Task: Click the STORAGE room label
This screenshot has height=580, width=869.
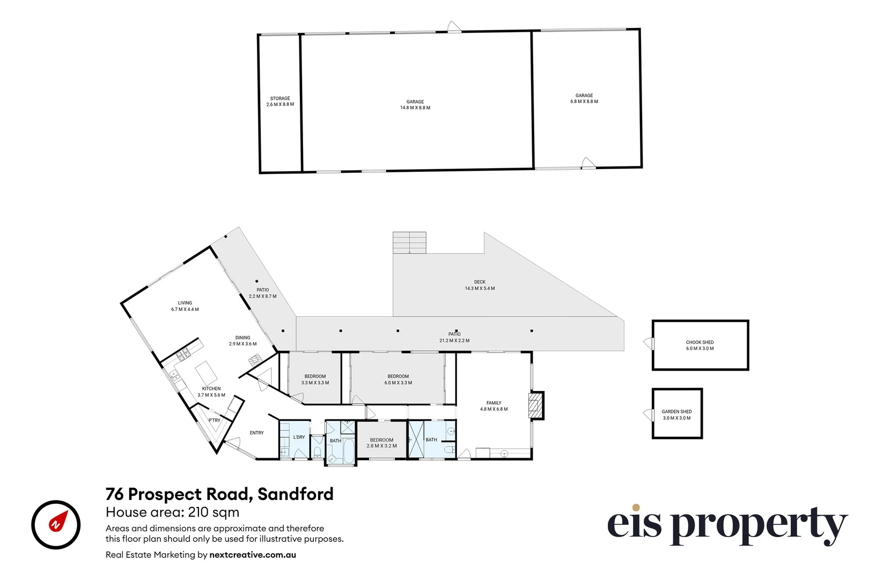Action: (x=280, y=99)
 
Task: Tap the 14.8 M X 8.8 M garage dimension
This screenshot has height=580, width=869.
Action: (x=415, y=108)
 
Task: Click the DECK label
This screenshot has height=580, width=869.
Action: (x=480, y=282)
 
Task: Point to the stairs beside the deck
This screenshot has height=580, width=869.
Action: (x=409, y=243)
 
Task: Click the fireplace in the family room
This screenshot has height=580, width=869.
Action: (x=535, y=405)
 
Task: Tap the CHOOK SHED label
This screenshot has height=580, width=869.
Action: (x=699, y=342)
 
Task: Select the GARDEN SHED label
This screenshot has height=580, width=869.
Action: (x=676, y=412)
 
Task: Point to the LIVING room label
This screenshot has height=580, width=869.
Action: (x=185, y=303)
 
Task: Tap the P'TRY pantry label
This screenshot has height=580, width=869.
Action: (x=214, y=421)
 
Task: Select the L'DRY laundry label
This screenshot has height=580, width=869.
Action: (x=299, y=437)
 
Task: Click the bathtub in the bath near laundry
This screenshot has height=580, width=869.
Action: (x=349, y=451)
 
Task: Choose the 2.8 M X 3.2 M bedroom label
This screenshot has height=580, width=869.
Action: (x=381, y=446)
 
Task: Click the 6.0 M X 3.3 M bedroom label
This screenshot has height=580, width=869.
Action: (x=398, y=383)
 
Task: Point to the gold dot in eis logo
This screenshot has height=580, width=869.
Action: (x=636, y=508)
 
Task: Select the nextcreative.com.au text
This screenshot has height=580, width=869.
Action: (x=252, y=555)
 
